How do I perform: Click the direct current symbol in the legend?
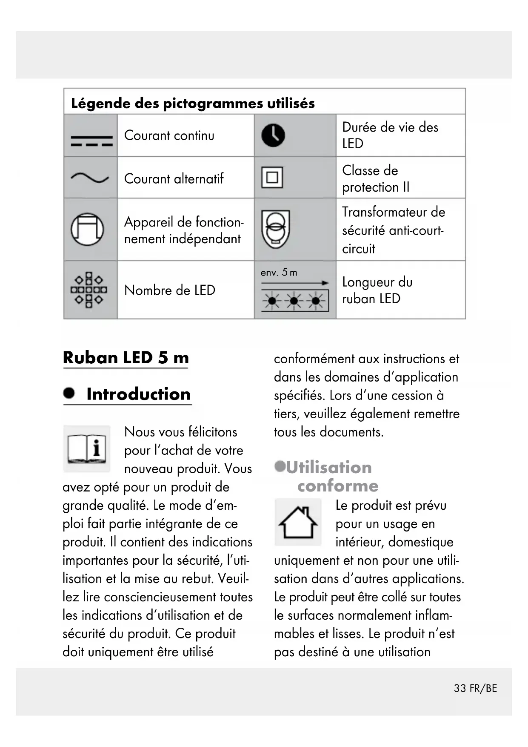[x=91, y=141]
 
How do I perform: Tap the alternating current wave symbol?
[x=90, y=178]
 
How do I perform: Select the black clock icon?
[x=273, y=136]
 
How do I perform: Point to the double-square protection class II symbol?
[x=272, y=177]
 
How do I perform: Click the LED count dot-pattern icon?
[x=89, y=290]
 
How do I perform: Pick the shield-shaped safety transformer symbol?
[x=276, y=229]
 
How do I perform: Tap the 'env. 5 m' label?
[x=279, y=273]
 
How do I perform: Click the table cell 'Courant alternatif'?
[x=174, y=178]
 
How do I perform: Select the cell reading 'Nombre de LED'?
[x=170, y=290]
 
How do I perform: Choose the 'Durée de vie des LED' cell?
[x=390, y=135]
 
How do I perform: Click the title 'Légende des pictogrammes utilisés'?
[x=193, y=103]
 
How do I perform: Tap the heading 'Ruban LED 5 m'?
[x=126, y=358]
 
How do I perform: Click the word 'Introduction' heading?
[x=138, y=394]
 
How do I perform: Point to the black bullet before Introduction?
[x=69, y=393]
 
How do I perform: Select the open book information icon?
[x=87, y=448]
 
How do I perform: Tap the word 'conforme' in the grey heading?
[x=338, y=486]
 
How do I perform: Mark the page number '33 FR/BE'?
[x=475, y=689]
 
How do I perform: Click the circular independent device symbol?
[x=87, y=229]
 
